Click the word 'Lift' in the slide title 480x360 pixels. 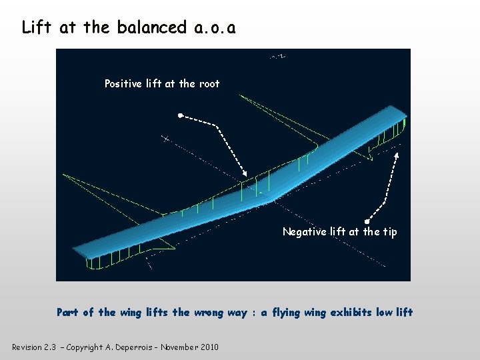click(x=37, y=27)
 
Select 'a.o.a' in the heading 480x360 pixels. click(x=213, y=27)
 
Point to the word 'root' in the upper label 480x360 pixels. click(x=209, y=83)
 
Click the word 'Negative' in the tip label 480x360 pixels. click(x=305, y=231)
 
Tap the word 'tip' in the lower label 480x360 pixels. click(x=389, y=231)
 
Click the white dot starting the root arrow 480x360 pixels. click(x=180, y=116)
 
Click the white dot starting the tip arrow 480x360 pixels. click(x=367, y=221)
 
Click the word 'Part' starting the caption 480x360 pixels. click(x=67, y=312)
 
